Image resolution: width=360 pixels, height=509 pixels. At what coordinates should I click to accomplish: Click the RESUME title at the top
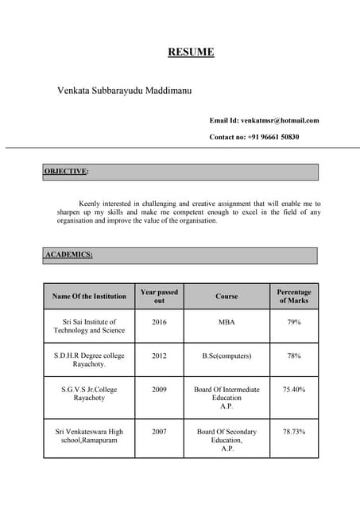191,52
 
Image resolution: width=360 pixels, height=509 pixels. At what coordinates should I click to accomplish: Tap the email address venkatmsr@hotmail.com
280,120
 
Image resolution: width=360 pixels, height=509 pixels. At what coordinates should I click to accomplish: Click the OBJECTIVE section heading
66,171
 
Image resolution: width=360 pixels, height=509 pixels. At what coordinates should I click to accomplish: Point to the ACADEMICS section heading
69,254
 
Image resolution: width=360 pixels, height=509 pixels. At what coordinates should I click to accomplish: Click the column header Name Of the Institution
89,297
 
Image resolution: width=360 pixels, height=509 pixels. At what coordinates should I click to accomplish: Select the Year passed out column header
159,297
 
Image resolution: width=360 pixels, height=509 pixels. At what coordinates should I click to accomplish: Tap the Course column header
226,297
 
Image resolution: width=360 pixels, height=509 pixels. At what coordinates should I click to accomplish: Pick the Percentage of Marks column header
293,297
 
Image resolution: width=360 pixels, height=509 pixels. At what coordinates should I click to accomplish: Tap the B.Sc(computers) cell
226,356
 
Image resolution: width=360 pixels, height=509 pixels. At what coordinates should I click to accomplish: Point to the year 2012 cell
159,356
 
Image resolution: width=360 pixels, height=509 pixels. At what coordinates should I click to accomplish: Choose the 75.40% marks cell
293,390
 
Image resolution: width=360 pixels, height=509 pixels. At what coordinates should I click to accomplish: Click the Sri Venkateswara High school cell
89,436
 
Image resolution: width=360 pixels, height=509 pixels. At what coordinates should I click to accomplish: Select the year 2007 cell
159,432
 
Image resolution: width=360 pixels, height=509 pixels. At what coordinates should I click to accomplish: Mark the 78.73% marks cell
293,432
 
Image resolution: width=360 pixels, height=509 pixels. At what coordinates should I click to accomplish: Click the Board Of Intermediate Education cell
226,398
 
